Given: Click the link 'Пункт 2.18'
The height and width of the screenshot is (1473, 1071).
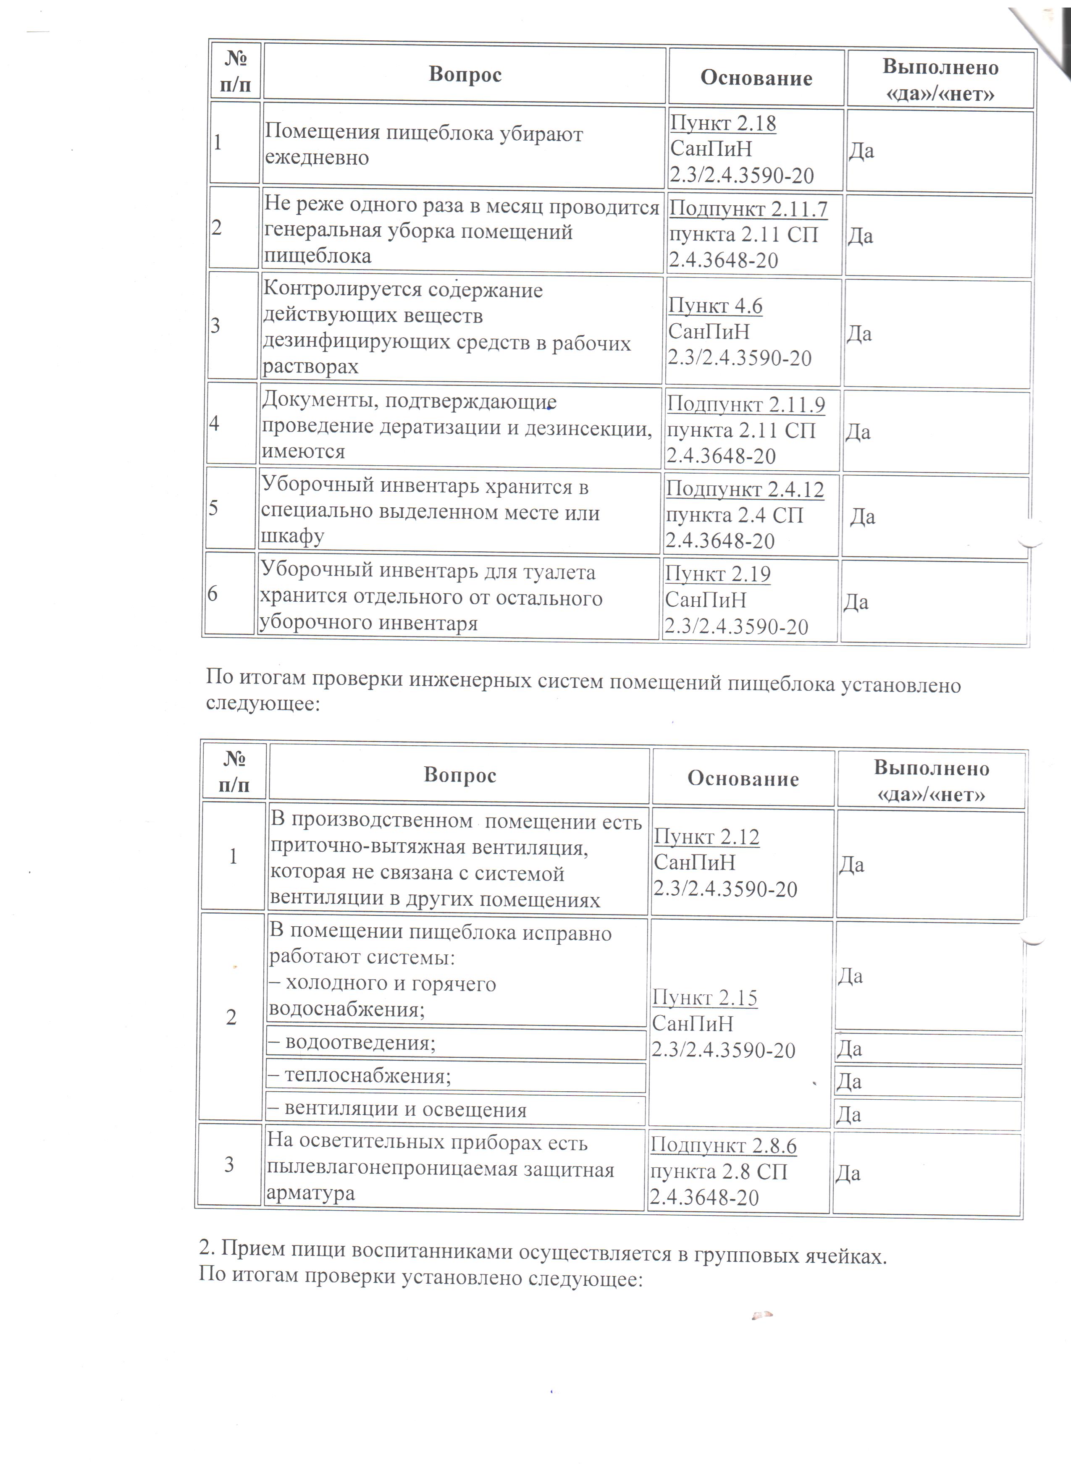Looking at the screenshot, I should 723,123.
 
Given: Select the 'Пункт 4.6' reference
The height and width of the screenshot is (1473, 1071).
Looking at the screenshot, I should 715,306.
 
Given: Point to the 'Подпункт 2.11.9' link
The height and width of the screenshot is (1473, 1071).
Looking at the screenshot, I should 745,405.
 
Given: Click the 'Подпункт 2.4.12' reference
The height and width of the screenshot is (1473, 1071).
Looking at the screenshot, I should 745,489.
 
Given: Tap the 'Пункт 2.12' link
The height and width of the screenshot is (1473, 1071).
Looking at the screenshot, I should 706,837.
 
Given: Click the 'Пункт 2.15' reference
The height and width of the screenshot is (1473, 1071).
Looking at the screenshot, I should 705,998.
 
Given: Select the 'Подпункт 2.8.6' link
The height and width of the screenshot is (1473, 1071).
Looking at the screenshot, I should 723,1146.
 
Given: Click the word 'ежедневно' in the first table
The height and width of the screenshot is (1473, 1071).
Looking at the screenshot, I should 317,158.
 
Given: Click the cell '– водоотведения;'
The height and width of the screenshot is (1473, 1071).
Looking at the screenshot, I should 352,1043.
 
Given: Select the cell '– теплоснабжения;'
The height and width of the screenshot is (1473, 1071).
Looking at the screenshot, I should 359,1076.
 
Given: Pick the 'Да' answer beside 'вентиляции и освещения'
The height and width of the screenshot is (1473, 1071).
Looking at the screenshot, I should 848,1115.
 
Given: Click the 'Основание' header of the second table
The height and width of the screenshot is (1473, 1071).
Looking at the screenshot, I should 743,779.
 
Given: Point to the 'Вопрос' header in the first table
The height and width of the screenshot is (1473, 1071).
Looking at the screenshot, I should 465,75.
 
